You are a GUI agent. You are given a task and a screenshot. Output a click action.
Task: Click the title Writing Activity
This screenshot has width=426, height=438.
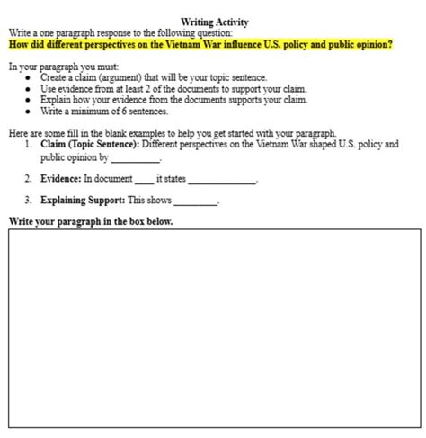coord(214,22)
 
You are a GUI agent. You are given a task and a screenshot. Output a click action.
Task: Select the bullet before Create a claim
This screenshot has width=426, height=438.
coord(30,78)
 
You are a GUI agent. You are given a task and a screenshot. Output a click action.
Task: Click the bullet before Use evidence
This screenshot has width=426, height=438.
coord(30,89)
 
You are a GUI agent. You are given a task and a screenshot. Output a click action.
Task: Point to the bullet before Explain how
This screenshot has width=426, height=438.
coord(30,100)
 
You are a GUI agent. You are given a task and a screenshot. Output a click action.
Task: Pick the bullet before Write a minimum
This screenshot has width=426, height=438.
coord(30,112)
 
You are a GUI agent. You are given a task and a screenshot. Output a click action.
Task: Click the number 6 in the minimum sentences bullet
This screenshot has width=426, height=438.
coord(123,112)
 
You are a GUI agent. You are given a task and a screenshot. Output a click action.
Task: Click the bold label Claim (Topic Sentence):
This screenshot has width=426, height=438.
coord(90,144)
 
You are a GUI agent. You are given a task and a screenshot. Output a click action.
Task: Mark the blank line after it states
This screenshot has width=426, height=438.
coord(222,181)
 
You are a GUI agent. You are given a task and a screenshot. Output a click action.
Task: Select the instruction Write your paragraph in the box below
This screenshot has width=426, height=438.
coord(91,221)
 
